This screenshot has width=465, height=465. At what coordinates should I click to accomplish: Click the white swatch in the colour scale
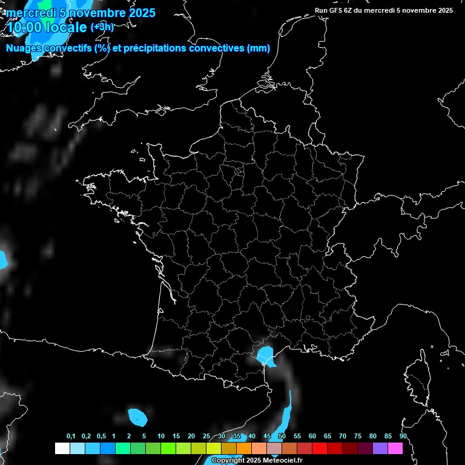(62, 448)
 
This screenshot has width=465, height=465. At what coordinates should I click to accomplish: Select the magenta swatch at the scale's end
(395, 448)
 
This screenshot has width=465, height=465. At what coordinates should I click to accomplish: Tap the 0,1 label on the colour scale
(71, 436)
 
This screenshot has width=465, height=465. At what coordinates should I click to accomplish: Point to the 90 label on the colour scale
(403, 436)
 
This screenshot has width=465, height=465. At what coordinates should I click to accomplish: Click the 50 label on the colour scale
(282, 436)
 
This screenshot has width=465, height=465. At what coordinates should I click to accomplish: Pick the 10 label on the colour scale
(161, 436)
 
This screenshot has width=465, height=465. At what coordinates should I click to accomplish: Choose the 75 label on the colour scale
(358, 436)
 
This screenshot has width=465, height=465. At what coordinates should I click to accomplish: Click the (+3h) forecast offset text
(102, 27)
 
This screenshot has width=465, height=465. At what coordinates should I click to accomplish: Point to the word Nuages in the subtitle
(25, 48)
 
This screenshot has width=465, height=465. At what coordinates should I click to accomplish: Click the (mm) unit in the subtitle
(259, 48)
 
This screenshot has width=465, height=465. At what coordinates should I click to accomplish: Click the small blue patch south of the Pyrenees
(138, 416)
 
